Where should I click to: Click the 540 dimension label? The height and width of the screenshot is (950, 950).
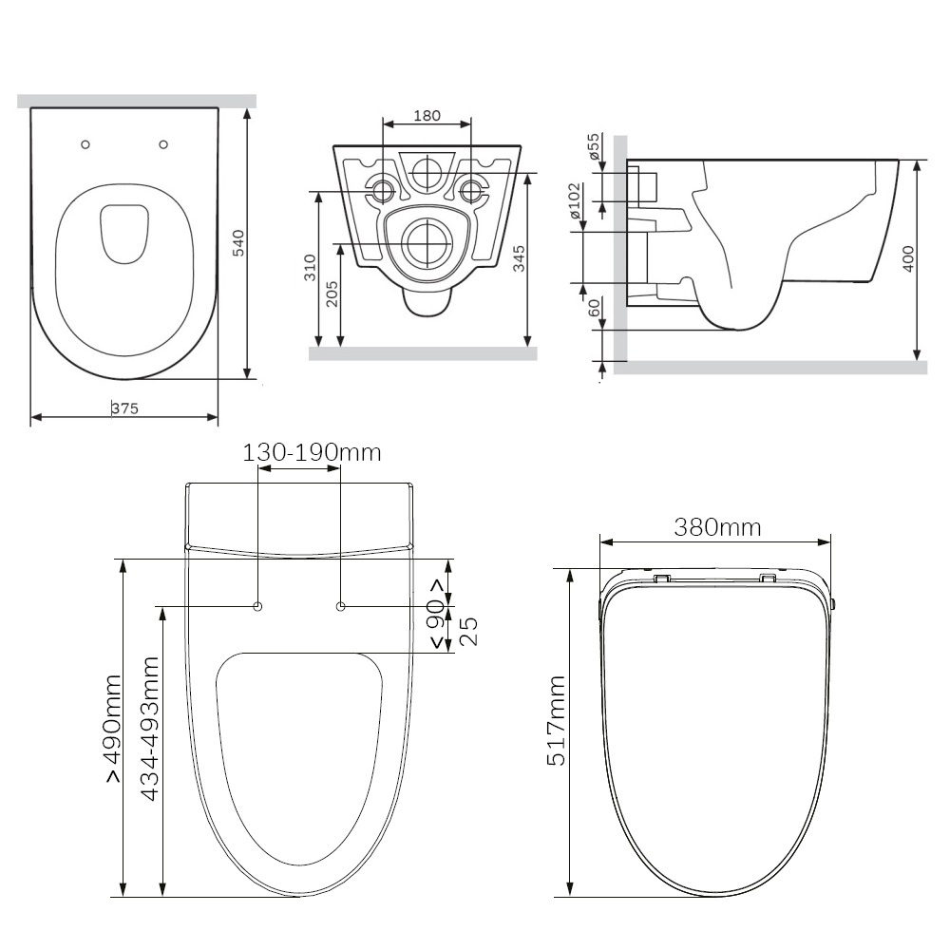point(238,243)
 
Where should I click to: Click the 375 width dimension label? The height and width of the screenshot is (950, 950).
point(124,408)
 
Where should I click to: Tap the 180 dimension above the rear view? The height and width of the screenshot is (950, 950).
point(427,115)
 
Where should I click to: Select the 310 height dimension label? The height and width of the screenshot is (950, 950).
point(310,267)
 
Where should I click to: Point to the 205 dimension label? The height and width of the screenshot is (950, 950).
point(332,294)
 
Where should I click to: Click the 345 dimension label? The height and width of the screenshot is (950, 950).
point(519,258)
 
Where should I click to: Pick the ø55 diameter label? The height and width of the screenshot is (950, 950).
point(593,146)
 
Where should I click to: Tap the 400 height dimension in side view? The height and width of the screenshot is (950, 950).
point(907,258)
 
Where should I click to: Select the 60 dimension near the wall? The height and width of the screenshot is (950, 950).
point(594,308)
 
